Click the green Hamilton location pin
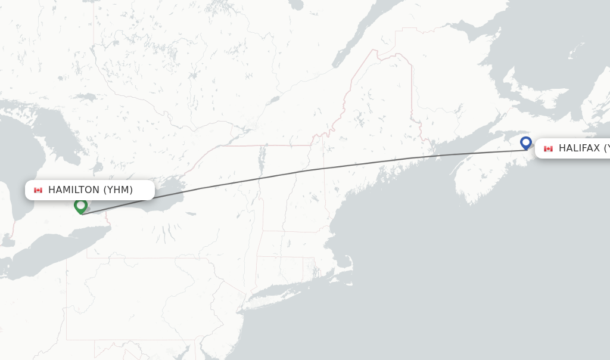[x=80, y=206]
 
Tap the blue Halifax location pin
[x=525, y=143]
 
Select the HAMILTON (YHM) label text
[x=90, y=190]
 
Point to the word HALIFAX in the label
[x=578, y=148]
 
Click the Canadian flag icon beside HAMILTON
[x=38, y=190]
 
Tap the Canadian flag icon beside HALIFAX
[x=548, y=148]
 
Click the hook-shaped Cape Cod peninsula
[x=346, y=262]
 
